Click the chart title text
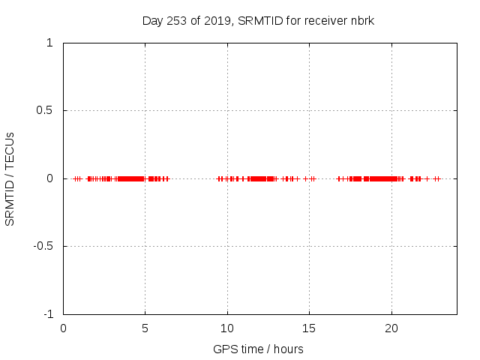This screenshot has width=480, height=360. (258, 20)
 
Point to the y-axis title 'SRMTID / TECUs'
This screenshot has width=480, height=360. (10, 178)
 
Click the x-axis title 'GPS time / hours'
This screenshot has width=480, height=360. (258, 349)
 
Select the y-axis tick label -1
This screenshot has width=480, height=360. (47, 314)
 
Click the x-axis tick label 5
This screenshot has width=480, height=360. (145, 328)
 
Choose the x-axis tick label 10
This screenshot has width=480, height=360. (227, 328)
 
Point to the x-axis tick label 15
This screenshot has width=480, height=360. (309, 328)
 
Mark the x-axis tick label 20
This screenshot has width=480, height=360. (391, 328)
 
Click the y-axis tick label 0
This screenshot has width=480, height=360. (49, 178)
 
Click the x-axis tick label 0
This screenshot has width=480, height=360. (63, 328)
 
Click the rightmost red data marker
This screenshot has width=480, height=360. (439, 178)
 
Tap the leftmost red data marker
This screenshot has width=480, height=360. (74, 178)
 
